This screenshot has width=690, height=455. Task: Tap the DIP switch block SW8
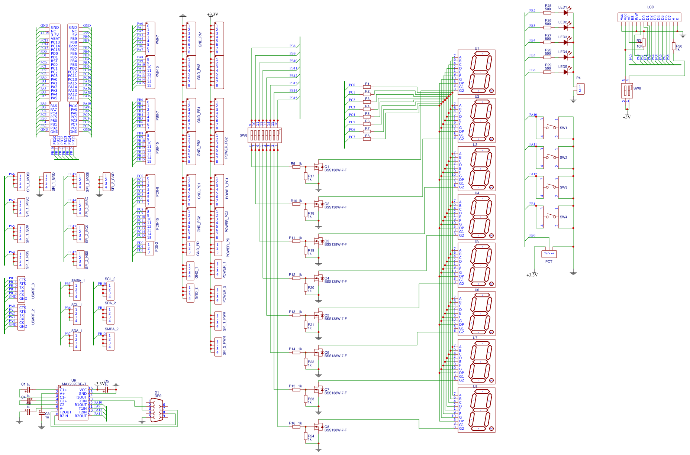coord(264,135)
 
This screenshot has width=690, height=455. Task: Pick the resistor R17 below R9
coord(306,176)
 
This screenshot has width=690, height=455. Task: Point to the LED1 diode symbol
coord(566,13)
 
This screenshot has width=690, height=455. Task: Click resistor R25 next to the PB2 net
coord(547,13)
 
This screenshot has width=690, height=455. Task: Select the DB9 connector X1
coord(157,411)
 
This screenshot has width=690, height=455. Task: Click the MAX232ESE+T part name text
coord(74,384)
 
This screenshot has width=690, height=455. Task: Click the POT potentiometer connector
coord(549,254)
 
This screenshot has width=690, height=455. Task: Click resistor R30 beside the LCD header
coord(674,46)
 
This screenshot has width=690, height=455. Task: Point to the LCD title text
coord(650,7)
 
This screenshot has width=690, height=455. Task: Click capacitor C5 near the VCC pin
coord(106,390)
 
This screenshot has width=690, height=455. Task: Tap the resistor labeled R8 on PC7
coord(367,139)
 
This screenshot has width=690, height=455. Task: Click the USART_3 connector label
coord(33,291)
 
